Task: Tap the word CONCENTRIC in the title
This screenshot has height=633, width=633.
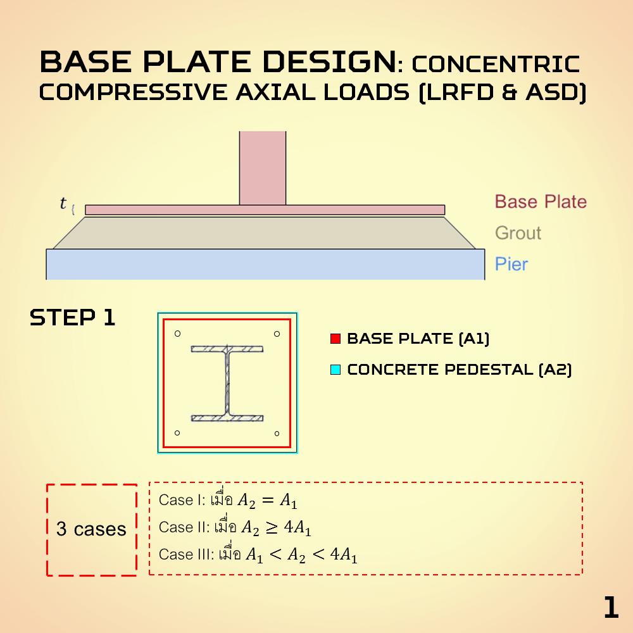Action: [x=495, y=64]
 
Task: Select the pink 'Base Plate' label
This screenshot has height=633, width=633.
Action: [x=541, y=202]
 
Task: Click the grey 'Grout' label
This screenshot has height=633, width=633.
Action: [x=518, y=233]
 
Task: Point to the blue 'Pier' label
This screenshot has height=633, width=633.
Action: [x=511, y=263]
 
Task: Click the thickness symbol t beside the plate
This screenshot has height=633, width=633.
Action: [x=63, y=203]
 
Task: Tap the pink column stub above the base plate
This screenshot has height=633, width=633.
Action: [x=263, y=168]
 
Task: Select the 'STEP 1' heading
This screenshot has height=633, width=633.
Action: [x=73, y=318]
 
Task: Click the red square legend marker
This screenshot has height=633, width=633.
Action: [x=335, y=339]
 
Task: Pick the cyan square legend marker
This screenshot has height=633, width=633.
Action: [x=335, y=370]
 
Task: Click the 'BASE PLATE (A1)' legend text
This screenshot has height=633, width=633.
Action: [x=418, y=339]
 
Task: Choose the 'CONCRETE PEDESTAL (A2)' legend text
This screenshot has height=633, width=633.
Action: [x=460, y=370]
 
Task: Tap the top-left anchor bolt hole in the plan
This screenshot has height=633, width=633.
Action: [x=178, y=334]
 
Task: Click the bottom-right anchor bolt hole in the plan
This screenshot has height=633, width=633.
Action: [x=277, y=433]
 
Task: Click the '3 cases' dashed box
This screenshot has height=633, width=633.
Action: [x=92, y=530]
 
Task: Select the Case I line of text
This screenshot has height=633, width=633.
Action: [x=228, y=501]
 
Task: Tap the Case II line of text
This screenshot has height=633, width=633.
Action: [x=235, y=528]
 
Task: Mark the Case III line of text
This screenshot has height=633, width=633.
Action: [x=258, y=555]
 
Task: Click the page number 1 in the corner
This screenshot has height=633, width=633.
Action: [x=610, y=608]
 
